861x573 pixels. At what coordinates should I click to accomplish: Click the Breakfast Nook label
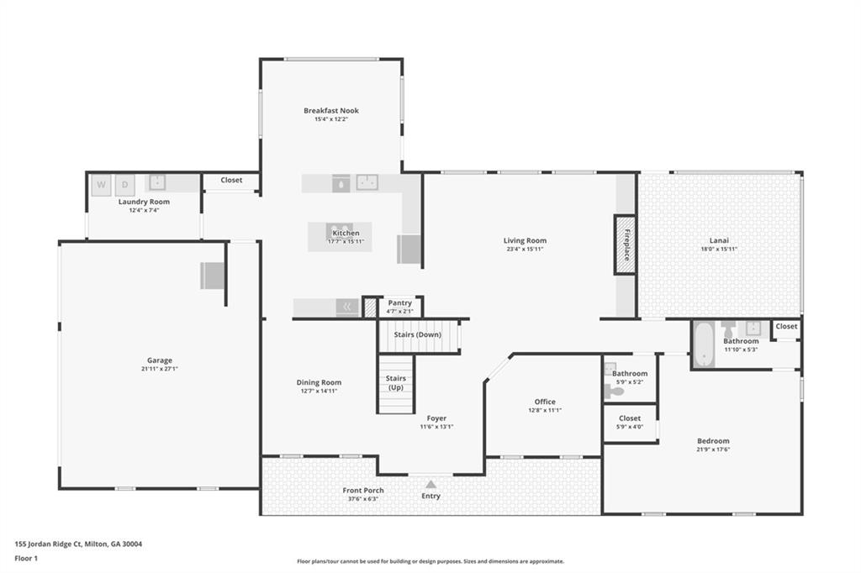pyautogui.click(x=331, y=110)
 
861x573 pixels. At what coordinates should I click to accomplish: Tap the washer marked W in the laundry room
pyautogui.click(x=101, y=185)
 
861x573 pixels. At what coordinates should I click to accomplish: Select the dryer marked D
pyautogui.click(x=124, y=185)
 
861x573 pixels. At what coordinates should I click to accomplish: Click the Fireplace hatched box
pyautogui.click(x=626, y=244)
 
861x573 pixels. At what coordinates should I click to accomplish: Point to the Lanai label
pyautogui.click(x=719, y=240)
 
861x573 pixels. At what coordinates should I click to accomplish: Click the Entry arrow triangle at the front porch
pyautogui.click(x=431, y=484)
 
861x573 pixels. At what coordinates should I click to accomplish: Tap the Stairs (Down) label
pyautogui.click(x=417, y=334)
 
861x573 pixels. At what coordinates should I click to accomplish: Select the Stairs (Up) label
pyautogui.click(x=396, y=382)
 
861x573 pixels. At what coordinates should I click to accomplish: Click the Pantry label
pyautogui.click(x=399, y=303)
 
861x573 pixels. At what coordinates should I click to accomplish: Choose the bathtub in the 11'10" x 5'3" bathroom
pyautogui.click(x=703, y=344)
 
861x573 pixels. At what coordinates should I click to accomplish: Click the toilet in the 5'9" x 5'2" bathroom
pyautogui.click(x=614, y=392)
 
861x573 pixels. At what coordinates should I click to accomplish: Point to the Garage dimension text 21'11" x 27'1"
pyautogui.click(x=159, y=369)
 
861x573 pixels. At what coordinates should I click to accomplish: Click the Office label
pyautogui.click(x=545, y=402)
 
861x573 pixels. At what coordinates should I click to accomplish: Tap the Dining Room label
pyautogui.click(x=319, y=382)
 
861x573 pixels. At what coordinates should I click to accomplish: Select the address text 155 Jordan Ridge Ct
pyautogui.click(x=48, y=544)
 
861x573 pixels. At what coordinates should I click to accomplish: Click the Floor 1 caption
pyautogui.click(x=26, y=558)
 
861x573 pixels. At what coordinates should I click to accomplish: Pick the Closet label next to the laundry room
pyautogui.click(x=231, y=180)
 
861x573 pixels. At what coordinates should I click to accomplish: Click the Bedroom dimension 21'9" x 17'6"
pyautogui.click(x=713, y=449)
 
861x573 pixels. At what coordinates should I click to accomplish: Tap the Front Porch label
pyautogui.click(x=363, y=491)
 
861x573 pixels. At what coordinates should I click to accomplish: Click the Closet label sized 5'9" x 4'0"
pyautogui.click(x=630, y=418)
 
